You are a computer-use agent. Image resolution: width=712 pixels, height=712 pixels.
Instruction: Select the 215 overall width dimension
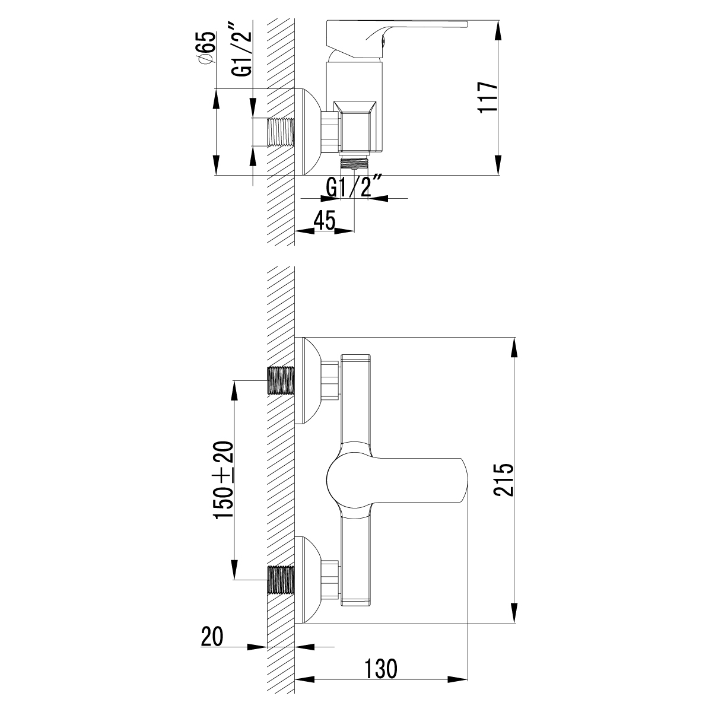[503, 480]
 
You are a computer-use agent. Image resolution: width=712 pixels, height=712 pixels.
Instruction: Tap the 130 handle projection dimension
[380, 669]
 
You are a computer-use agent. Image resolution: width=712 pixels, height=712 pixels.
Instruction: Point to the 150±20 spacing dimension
[224, 480]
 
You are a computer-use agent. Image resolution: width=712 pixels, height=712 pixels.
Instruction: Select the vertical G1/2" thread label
[241, 50]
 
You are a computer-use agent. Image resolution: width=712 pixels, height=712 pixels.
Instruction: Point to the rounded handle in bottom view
[392, 480]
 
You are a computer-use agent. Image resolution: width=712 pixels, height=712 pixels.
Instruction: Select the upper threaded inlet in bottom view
[281, 380]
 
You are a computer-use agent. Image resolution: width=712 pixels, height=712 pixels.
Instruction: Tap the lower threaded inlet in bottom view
[281, 580]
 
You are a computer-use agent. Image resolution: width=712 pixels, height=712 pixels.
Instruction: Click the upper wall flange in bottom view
[312, 380]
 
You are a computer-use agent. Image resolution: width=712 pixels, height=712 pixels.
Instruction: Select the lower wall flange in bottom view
[312, 580]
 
